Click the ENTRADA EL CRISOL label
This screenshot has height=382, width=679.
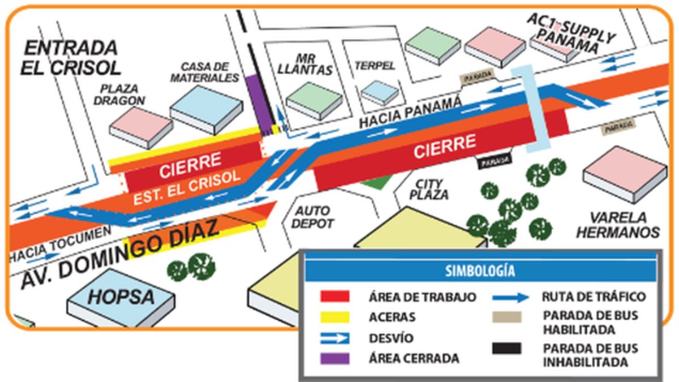tap(71, 57)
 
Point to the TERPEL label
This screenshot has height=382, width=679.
tap(374, 66)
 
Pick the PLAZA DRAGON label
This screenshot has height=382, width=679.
tap(123, 95)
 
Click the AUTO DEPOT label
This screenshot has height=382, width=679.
tap(313, 217)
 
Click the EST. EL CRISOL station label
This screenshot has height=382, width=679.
tap(187, 187)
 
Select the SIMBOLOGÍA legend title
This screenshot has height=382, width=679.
tap(480, 271)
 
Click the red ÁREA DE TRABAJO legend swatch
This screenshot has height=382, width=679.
tap(334, 297)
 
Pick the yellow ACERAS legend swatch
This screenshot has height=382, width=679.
tap(334, 317)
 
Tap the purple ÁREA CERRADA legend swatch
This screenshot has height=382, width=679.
tap(334, 358)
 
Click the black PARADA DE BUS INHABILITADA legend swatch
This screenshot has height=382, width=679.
tap(506, 349)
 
